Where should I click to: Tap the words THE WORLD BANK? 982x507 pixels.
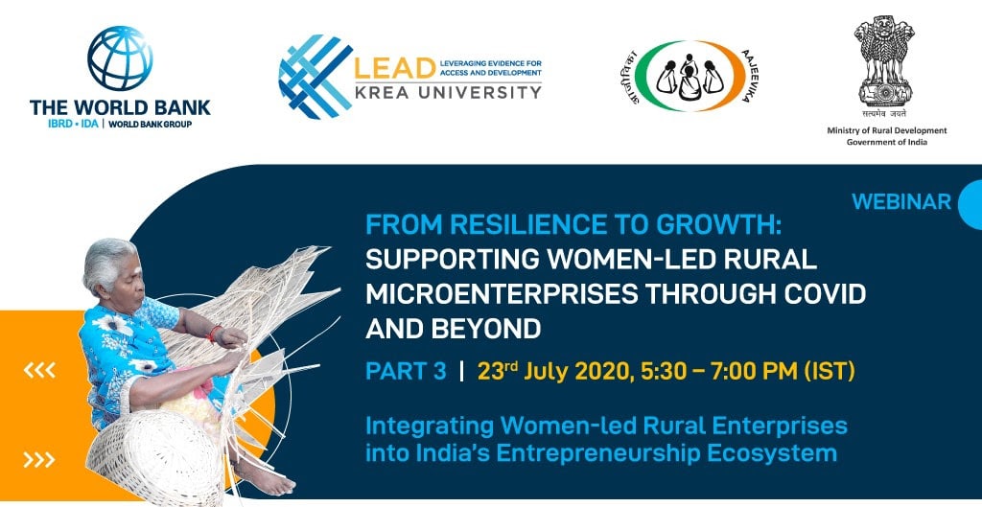click(x=120, y=107)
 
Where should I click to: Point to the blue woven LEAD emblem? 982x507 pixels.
click(x=314, y=77)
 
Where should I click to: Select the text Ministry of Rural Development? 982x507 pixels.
click(x=886, y=130)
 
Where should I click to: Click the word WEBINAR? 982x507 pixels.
click(x=901, y=202)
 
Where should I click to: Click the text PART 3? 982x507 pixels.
click(x=406, y=371)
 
